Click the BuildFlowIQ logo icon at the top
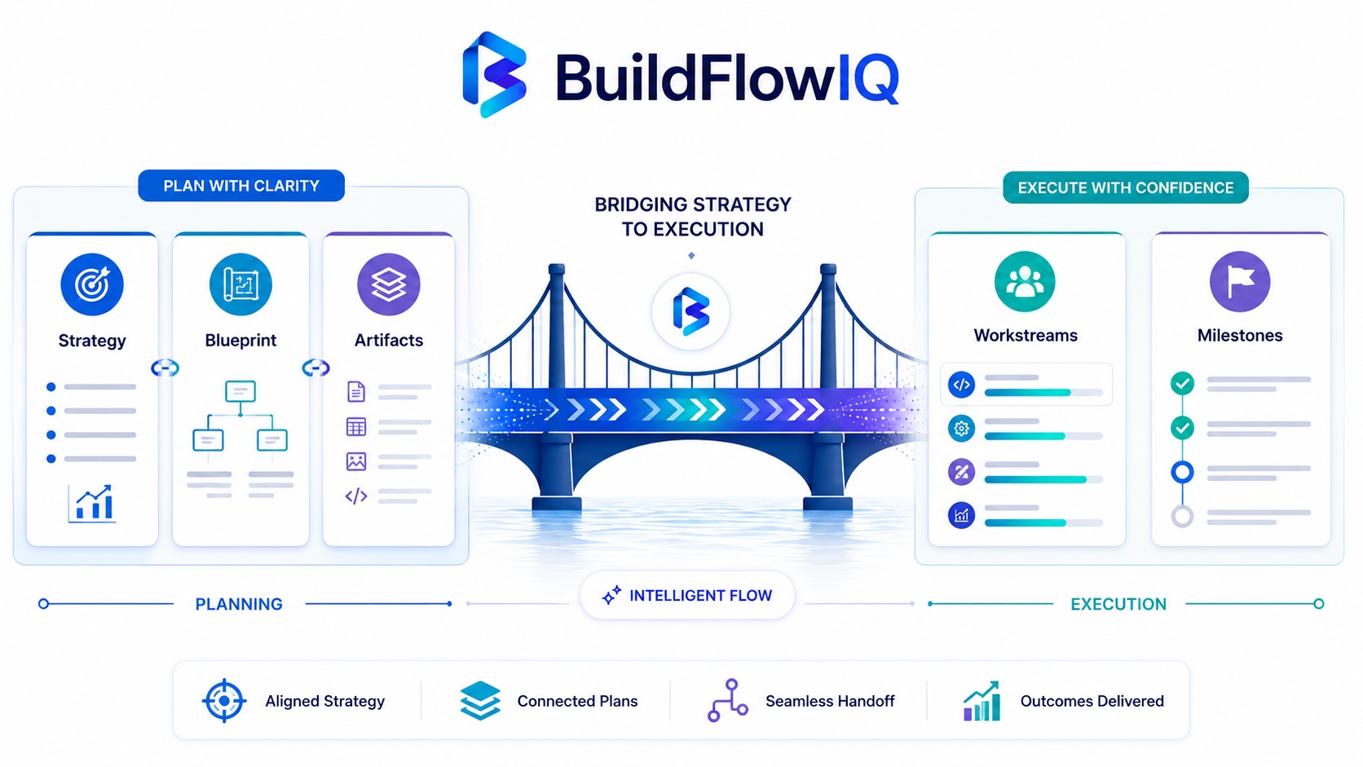[494, 74]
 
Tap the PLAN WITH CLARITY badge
[241, 186]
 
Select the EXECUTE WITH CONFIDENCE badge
[1126, 187]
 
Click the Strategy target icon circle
[92, 284]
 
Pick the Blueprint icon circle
[240, 284]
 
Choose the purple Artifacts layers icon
[389, 284]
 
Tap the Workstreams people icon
[1025, 282]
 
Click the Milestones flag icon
[1240, 282]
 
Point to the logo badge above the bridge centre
[690, 312]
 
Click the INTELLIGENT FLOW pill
[687, 596]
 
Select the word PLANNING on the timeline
[239, 604]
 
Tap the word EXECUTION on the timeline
[1118, 604]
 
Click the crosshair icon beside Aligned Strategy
[224, 701]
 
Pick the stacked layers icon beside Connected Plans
[480, 701]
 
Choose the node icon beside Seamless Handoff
[728, 701]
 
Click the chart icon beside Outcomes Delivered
[981, 701]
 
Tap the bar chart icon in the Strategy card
[92, 504]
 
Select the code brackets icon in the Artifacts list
[356, 496]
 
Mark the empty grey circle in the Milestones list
[1182, 517]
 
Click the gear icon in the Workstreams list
[961, 428]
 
